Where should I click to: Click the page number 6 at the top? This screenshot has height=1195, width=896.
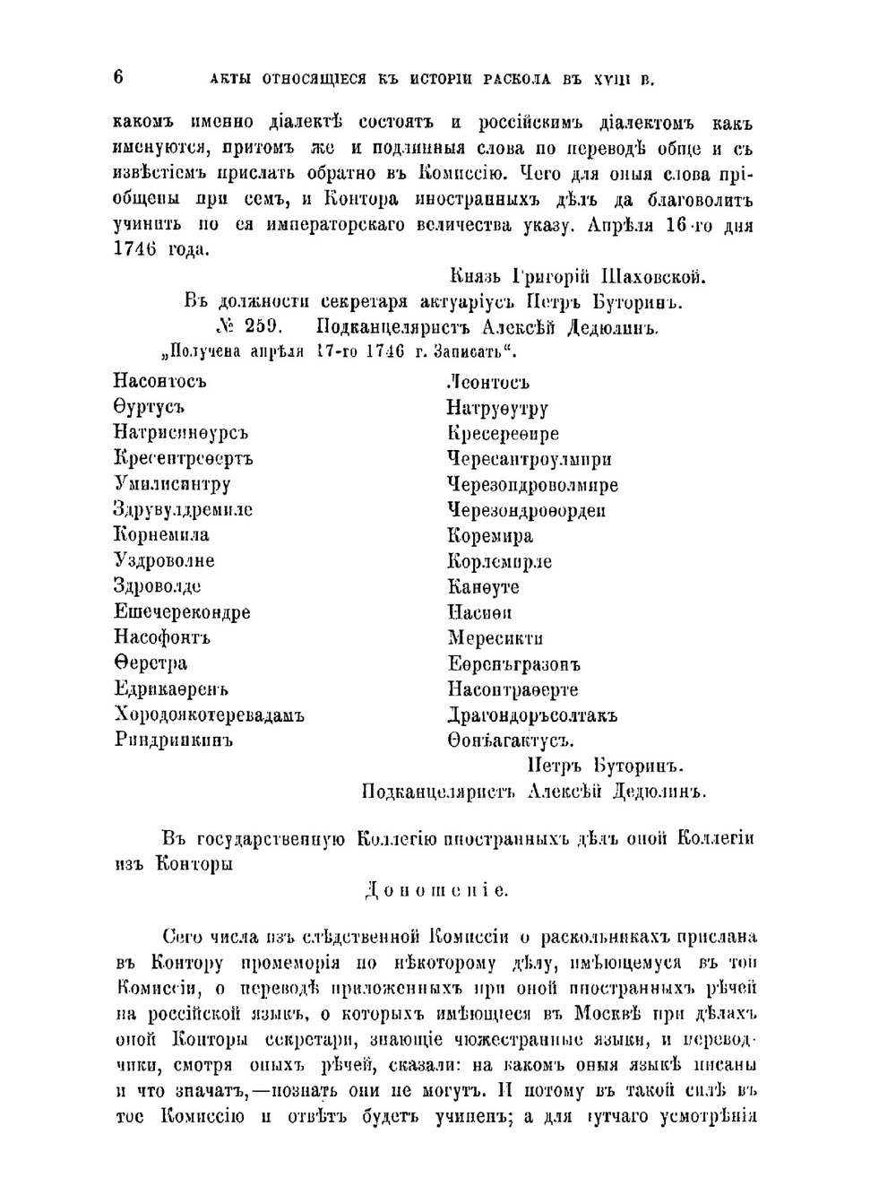[x=118, y=77]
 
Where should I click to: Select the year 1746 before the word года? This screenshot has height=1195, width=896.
[x=135, y=250]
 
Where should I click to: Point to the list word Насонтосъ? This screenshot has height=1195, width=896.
[x=160, y=382]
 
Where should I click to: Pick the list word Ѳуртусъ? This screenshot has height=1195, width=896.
[x=149, y=407]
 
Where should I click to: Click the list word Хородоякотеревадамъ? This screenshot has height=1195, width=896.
[x=209, y=715]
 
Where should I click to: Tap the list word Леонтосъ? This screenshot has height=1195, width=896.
[x=488, y=383]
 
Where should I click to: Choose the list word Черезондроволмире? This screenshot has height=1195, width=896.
[x=532, y=485]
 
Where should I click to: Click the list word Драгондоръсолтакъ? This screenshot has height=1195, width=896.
[x=532, y=716]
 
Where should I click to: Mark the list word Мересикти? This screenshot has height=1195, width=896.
[x=495, y=639]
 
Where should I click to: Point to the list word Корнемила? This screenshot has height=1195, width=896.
[x=161, y=535]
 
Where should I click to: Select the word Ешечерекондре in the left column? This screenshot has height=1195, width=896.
[x=182, y=612]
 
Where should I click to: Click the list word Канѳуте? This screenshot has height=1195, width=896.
[x=484, y=587]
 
